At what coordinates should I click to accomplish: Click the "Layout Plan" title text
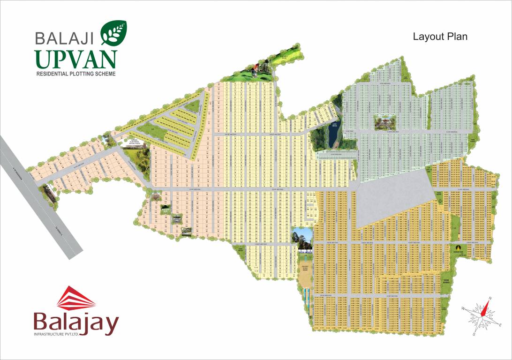point(440,37)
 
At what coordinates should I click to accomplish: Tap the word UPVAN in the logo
point(75,59)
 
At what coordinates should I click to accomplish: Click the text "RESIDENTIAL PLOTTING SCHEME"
point(75,74)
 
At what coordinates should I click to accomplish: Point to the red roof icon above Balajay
point(76,298)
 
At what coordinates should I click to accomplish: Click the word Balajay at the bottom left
point(75,323)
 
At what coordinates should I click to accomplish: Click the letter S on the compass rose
point(474,334)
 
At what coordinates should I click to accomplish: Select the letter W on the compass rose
point(463,308)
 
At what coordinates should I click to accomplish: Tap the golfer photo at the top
point(254,70)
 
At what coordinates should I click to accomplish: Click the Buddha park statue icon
point(460,249)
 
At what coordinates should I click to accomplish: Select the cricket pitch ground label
point(306,269)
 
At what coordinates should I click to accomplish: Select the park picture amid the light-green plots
point(384,122)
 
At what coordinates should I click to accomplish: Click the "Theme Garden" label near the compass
point(446,283)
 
